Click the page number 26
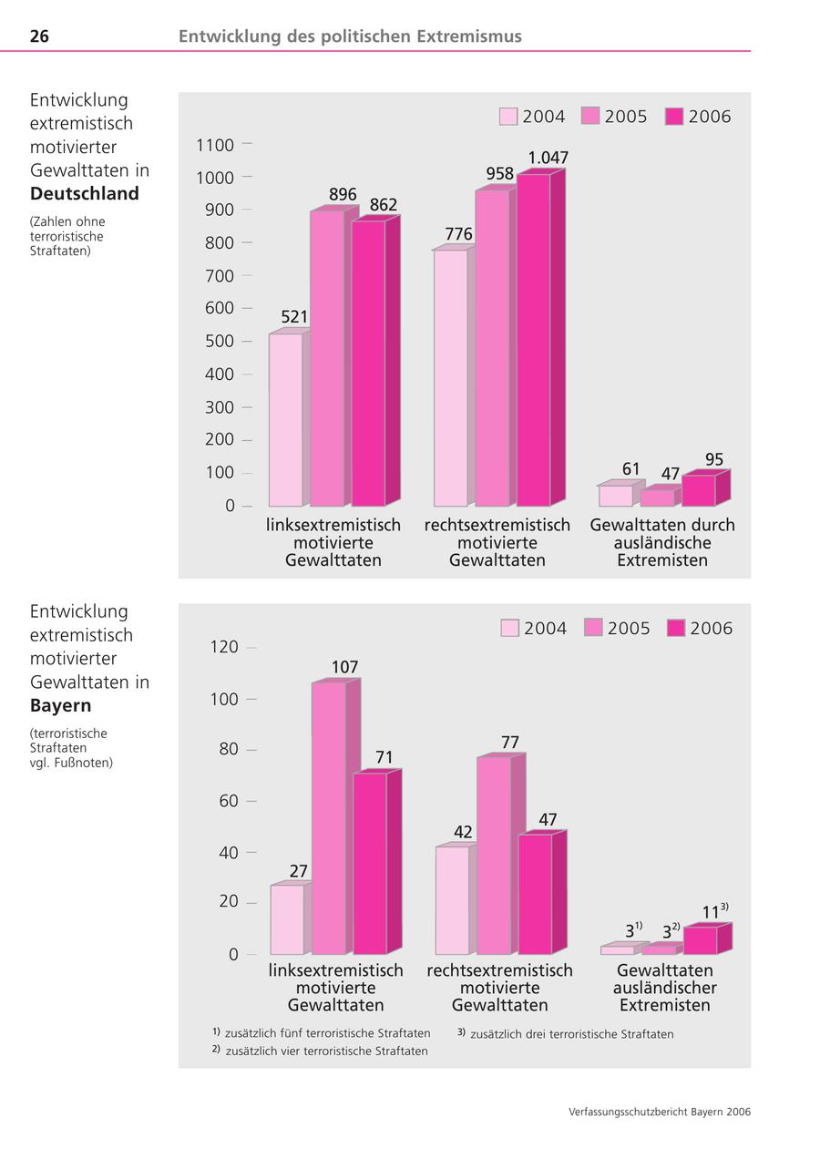point(39,36)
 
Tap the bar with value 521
point(285,419)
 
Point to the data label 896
point(343,194)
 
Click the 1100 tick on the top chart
point(215,145)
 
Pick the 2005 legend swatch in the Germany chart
point(590,117)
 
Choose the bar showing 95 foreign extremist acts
point(699,490)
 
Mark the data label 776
point(458,234)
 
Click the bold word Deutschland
point(85,193)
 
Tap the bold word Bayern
point(61,705)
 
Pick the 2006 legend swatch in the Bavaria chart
point(675,629)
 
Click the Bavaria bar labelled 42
point(453,899)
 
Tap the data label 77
point(510,743)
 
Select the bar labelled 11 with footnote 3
point(701,939)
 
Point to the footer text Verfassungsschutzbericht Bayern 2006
point(660,1112)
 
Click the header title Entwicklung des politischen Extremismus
point(350,36)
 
